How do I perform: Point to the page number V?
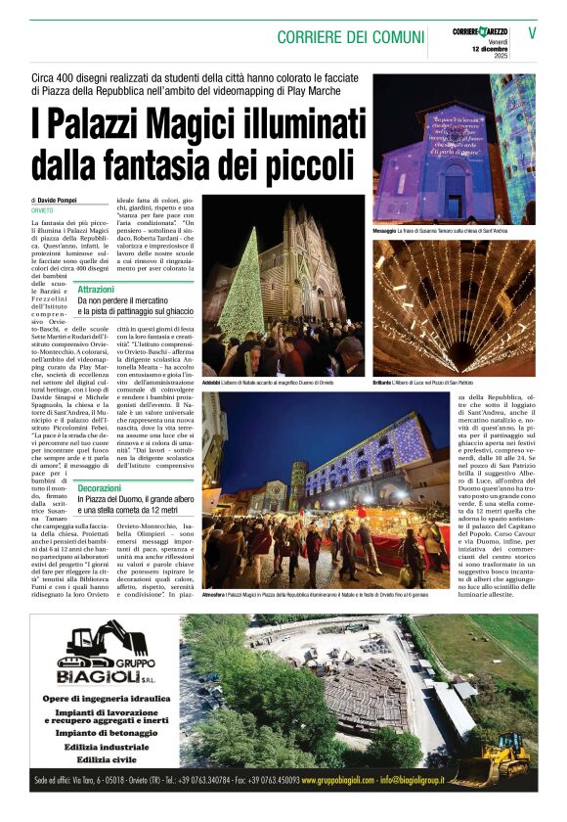pos(533,31)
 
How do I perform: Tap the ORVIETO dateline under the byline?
pos(42,210)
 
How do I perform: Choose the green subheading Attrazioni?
pos(96,290)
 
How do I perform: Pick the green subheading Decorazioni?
pos(99,487)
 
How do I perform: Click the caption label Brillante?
pos(385,382)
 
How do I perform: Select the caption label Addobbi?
pos(215,382)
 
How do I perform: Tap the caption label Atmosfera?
pos(217,594)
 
